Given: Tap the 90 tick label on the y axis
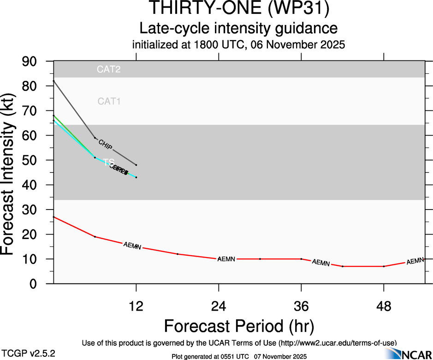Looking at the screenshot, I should point(31,61).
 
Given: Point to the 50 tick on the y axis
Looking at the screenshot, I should point(31,160).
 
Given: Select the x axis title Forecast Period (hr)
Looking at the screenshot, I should point(239,326).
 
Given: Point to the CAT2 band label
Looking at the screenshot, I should point(109,70).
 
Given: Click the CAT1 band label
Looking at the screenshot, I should point(109,102).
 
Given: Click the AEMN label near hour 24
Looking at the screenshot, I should point(226,259).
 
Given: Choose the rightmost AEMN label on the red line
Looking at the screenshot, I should point(415,261).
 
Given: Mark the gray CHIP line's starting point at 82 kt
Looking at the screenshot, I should point(54,81).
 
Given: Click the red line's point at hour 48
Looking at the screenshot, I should point(384,266).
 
